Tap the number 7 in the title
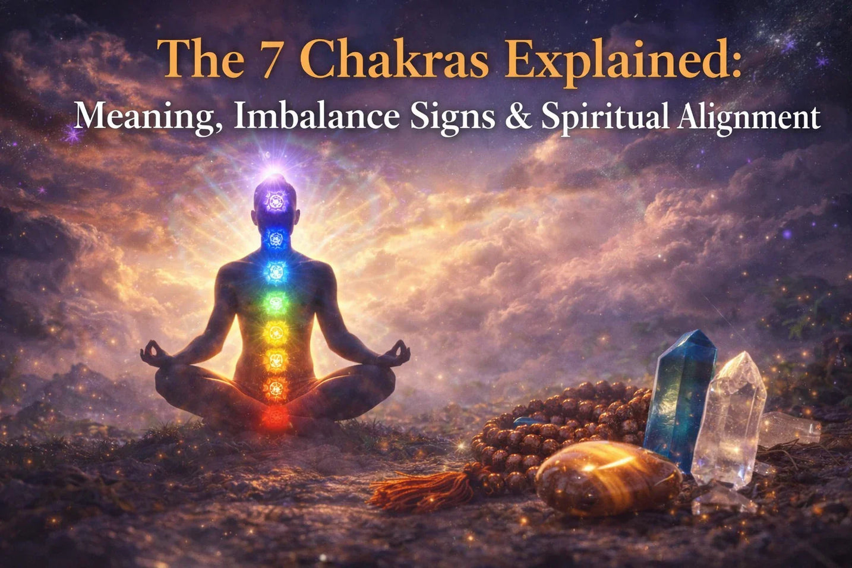[270, 59]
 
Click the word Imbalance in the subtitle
[315, 116]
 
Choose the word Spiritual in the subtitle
[604, 116]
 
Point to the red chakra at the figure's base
[274, 416]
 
